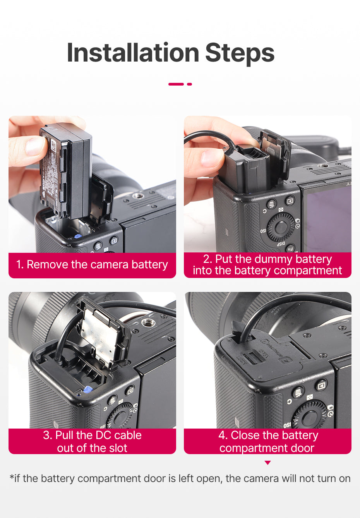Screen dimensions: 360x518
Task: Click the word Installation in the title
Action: point(133,53)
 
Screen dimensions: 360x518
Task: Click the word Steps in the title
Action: point(240,54)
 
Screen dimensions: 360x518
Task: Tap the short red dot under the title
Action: point(189,84)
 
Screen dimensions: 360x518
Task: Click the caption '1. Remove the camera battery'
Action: point(92,264)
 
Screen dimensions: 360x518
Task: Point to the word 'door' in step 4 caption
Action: point(302,448)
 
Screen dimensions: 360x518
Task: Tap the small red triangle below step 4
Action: point(267,463)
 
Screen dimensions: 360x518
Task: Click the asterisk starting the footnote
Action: point(11,477)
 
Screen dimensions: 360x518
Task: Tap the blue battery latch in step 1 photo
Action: point(77,236)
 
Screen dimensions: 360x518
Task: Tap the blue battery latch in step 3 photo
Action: point(87,389)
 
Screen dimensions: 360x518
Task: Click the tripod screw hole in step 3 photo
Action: point(146,322)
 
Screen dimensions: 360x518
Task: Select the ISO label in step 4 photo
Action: point(287,425)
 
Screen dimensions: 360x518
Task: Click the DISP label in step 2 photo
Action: point(281,244)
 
